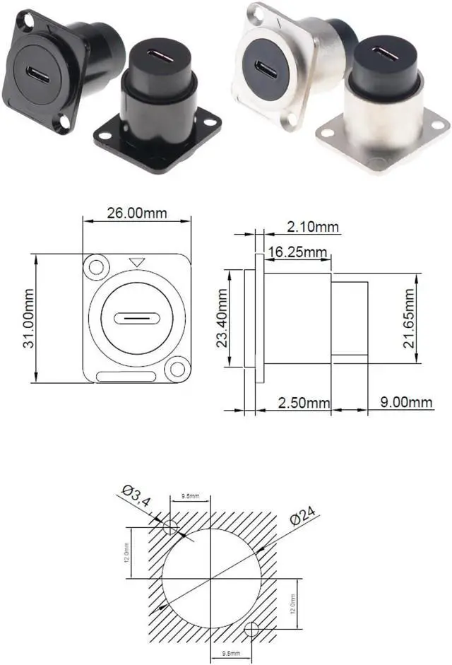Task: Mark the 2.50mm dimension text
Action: point(304,403)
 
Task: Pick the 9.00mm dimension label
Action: point(406,403)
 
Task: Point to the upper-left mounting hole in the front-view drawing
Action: point(95,268)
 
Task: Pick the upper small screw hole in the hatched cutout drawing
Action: point(170,528)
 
